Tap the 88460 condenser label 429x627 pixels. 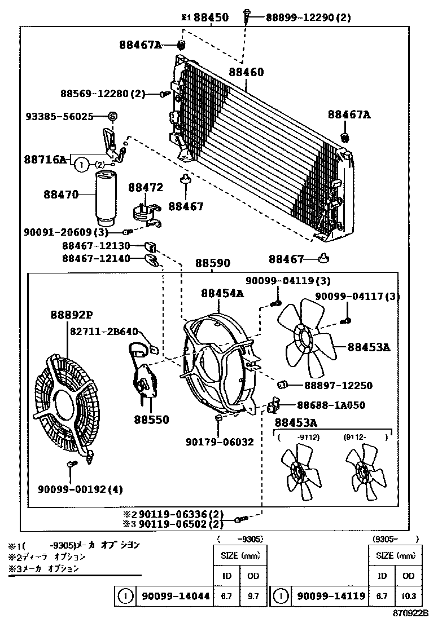pos(246,73)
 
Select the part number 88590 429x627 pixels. pos(213,263)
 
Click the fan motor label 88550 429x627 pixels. pos(151,420)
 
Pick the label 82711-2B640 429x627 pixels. pos(103,332)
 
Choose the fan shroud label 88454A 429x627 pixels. pos(222,293)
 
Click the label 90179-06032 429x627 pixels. pos(220,443)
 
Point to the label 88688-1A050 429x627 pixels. pos(331,405)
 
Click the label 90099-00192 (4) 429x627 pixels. pos(81,488)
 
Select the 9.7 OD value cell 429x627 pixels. pos(250,595)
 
